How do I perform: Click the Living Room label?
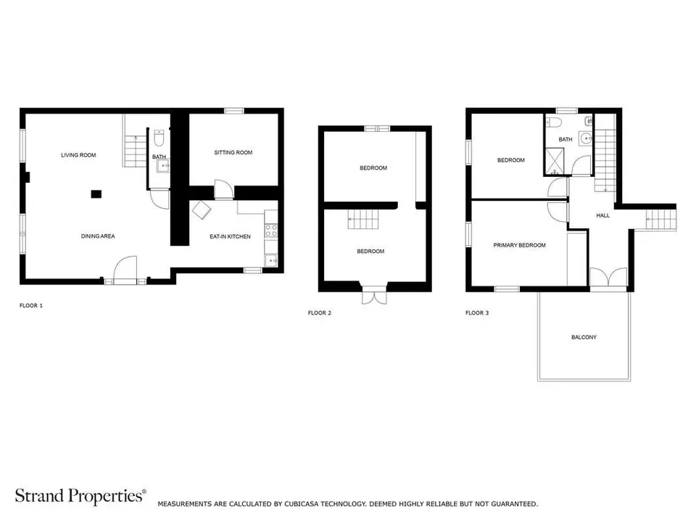[78, 155]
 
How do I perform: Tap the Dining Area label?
[98, 236]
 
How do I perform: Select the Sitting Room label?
[233, 152]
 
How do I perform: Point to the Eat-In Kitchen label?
[230, 236]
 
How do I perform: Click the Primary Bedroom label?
[519, 245]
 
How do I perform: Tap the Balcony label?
[584, 337]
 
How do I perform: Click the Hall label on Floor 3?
[602, 215]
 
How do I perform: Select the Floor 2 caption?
[320, 313]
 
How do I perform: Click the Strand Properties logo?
[80, 495]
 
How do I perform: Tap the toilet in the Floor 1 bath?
[159, 138]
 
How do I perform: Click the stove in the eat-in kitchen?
[271, 231]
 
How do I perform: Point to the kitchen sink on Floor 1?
[270, 260]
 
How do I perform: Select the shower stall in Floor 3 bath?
[554, 161]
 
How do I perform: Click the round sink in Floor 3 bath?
[586, 138]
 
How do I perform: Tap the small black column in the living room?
[96, 194]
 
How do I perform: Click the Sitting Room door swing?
[224, 189]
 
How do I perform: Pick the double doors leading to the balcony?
[608, 278]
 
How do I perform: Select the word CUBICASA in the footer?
[301, 504]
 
